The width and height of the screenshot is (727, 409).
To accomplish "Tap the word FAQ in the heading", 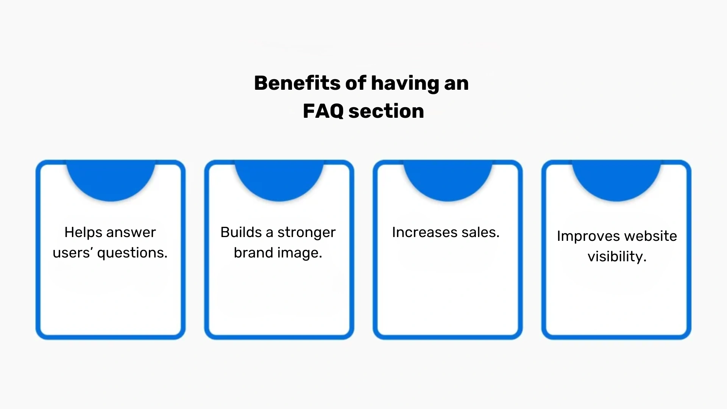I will pyautogui.click(x=323, y=111).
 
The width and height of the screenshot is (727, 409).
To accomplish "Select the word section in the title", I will pyautogui.click(x=386, y=111).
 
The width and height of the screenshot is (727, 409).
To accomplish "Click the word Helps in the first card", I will pyautogui.click(x=80, y=233).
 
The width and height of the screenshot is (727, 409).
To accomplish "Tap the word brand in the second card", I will pyautogui.click(x=250, y=253).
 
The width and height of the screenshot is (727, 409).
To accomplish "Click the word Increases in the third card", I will pyautogui.click(x=418, y=233).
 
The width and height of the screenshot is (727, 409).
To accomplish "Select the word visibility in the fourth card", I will pyautogui.click(x=617, y=257).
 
